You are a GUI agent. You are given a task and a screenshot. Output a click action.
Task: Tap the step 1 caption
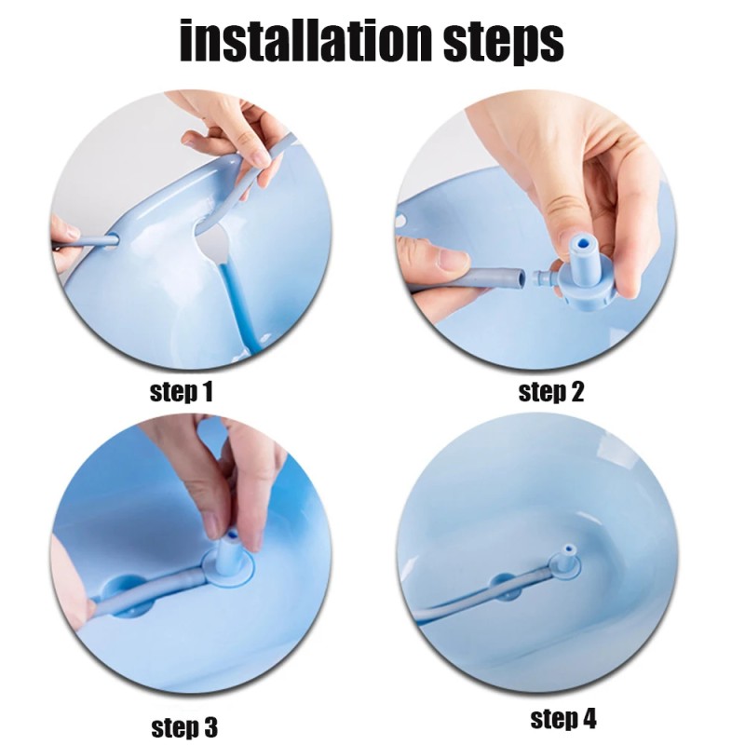pyautogui.click(x=182, y=391)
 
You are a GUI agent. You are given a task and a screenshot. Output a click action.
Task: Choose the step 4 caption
pyautogui.click(x=563, y=719)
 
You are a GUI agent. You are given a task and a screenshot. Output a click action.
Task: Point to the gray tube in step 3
pyautogui.click(x=158, y=596)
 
